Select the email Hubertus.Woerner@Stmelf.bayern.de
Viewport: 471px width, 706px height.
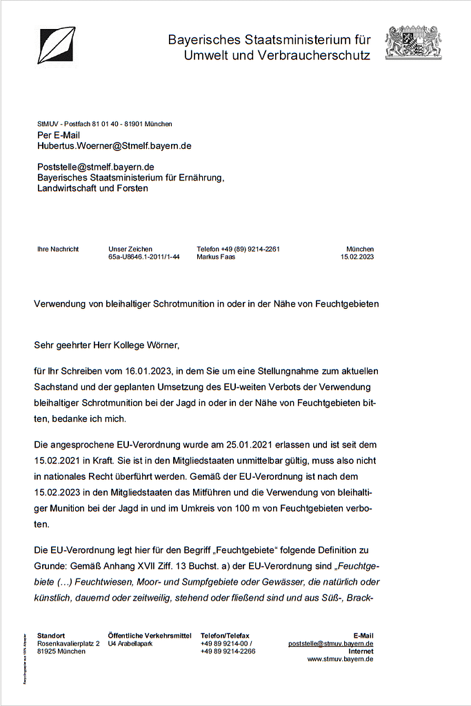pos(114,146)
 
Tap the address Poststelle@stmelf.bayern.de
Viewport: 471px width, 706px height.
pos(95,167)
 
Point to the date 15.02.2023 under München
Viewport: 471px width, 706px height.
pos(357,256)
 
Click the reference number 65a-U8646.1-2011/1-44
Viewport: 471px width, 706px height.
pos(144,256)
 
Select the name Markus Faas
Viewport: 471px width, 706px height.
pos(216,256)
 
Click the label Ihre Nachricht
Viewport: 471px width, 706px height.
pos(58,249)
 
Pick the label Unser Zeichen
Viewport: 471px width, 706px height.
pos(130,249)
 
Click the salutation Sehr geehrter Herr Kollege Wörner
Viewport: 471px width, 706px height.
pos(110,343)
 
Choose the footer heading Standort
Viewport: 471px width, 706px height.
pos(52,635)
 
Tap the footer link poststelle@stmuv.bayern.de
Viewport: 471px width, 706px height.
pos(330,643)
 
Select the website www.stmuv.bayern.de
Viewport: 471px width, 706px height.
pos(340,659)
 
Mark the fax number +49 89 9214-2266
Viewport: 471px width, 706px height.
pos(228,651)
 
